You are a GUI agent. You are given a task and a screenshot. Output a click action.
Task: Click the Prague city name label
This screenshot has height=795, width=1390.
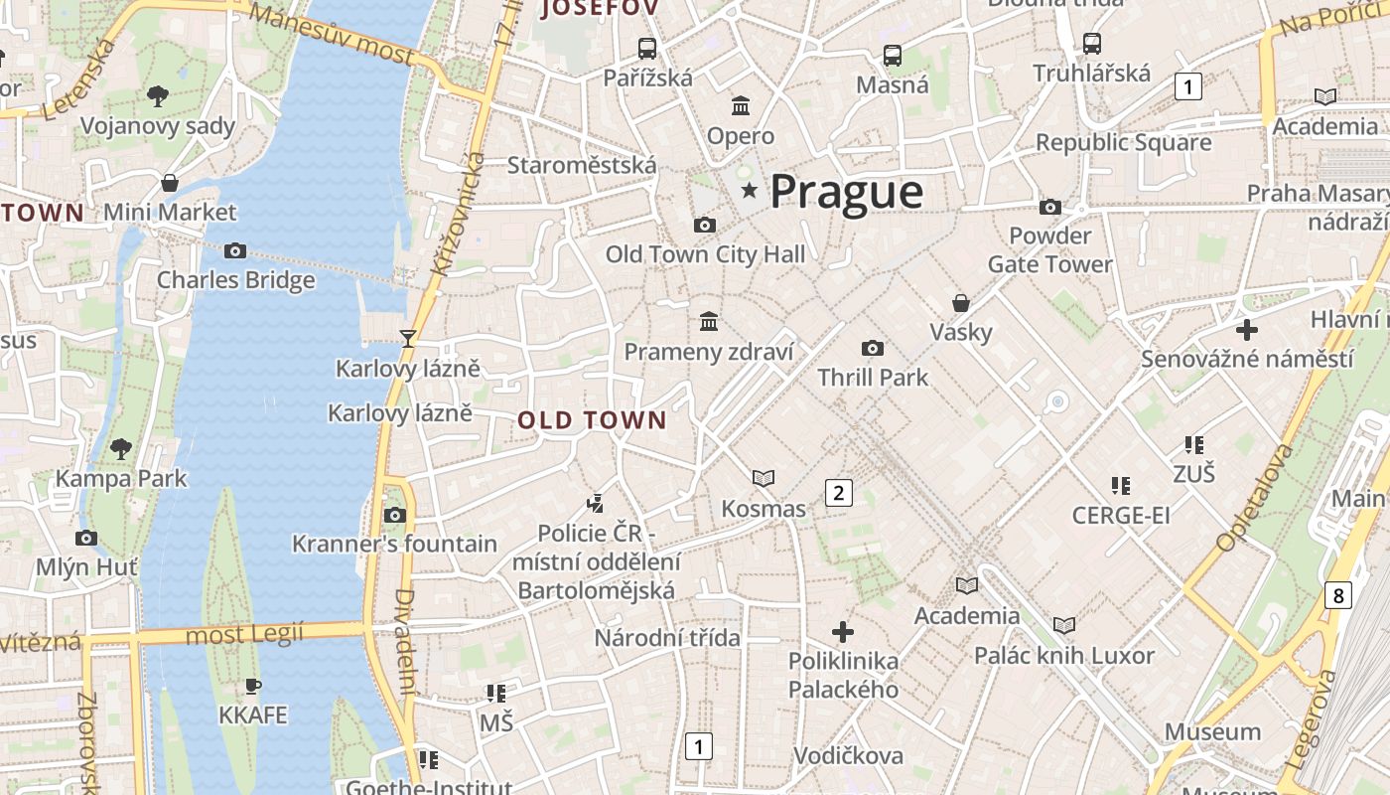coord(846,191)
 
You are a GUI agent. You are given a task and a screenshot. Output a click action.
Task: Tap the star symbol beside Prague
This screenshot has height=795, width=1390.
coord(749,189)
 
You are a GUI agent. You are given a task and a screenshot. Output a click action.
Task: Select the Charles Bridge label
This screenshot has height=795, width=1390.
coord(235,280)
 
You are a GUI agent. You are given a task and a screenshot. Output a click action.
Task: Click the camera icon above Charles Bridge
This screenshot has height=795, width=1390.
coord(235,250)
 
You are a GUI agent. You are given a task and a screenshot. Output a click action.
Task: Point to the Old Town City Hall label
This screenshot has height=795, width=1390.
coord(705,254)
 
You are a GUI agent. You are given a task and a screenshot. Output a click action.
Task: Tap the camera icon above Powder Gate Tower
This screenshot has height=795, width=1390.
coord(1049,207)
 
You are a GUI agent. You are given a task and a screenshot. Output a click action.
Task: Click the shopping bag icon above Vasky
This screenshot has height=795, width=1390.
coord(960,302)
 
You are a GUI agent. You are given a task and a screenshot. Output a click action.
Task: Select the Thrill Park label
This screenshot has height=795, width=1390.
coord(873,378)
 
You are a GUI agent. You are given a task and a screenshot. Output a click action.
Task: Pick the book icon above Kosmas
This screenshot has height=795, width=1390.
coord(763,479)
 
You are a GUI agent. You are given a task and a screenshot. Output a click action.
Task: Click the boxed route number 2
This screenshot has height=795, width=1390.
coord(839,492)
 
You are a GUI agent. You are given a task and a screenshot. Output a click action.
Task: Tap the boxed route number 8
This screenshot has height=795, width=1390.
coord(1338,595)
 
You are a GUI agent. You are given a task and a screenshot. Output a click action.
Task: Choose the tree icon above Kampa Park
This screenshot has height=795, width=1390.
coord(121,448)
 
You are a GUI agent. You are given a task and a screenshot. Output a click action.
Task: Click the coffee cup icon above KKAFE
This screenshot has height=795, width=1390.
coord(252,686)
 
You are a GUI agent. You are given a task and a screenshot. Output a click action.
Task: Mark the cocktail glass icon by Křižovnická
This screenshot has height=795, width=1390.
coord(407,338)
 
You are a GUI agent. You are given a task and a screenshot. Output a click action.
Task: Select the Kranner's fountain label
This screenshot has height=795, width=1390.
coord(394,544)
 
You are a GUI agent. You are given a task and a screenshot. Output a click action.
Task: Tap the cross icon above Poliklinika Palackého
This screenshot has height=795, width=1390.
coord(843,631)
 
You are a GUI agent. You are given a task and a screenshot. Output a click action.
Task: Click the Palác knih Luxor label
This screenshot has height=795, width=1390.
coord(1063,656)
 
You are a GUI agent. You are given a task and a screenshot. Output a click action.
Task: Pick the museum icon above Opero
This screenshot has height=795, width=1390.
coord(741,105)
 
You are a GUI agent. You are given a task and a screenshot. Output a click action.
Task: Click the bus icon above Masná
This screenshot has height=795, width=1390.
coord(893,56)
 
